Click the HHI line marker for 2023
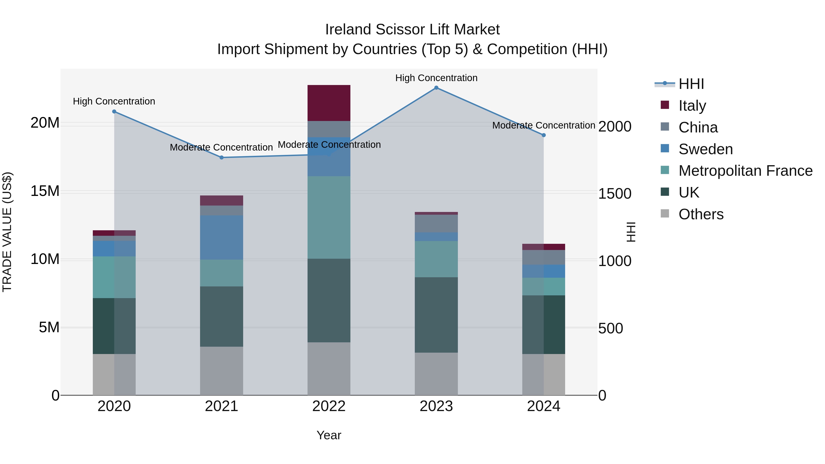pyautogui.click(x=436, y=88)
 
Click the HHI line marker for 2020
pyautogui.click(x=114, y=111)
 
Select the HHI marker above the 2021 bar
pyautogui.click(x=222, y=158)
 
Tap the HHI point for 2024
pyautogui.click(x=544, y=135)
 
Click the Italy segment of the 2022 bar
pyautogui.click(x=329, y=103)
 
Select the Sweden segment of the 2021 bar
pyautogui.click(x=222, y=237)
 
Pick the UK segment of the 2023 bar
pyautogui.click(x=436, y=315)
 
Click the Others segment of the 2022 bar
pyautogui.click(x=329, y=369)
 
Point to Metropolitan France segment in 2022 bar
pyautogui.click(x=329, y=217)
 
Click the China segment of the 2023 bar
pyautogui.click(x=436, y=223)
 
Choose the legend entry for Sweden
pyautogui.click(x=706, y=149)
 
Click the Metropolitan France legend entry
pyautogui.click(x=745, y=171)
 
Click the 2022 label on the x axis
pyautogui.click(x=329, y=407)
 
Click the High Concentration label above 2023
pyautogui.click(x=436, y=78)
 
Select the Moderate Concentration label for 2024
pyautogui.click(x=544, y=126)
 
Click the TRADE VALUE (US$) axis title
pyautogui.click(x=7, y=232)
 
